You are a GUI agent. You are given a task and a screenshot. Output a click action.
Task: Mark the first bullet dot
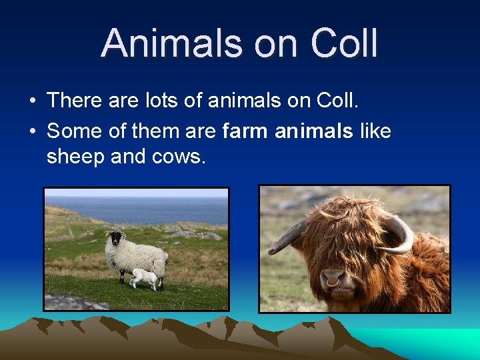[32, 101]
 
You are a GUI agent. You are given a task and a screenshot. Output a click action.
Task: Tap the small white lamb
[144, 278]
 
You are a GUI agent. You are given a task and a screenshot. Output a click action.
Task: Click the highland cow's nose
[332, 279]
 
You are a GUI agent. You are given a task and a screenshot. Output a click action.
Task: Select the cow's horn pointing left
[285, 238]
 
